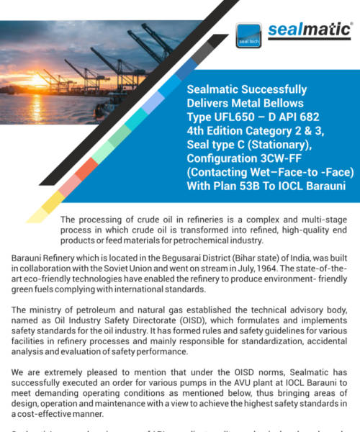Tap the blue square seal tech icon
tap(248, 36)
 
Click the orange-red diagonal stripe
tap(86, 168)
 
